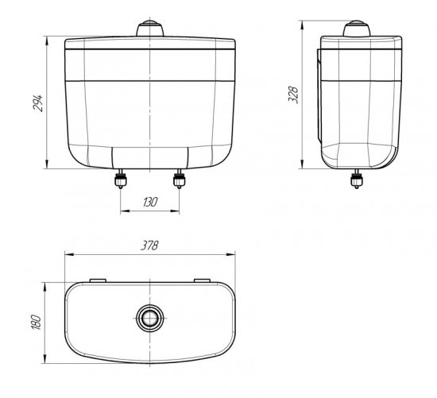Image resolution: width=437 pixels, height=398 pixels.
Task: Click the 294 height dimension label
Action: click(38, 103)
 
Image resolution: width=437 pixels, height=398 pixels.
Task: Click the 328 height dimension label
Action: click(293, 95)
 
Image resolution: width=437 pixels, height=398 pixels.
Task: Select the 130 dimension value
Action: click(150, 202)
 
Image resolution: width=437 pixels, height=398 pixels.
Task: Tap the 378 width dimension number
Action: click(149, 245)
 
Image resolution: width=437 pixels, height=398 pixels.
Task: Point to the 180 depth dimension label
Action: click(37, 322)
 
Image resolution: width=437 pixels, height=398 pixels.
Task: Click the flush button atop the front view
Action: click(150, 28)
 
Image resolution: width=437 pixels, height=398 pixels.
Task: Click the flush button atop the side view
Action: click(357, 28)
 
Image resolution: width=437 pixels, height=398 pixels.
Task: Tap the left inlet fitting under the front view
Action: click(121, 179)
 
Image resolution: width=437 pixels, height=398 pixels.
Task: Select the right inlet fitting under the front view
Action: click(180, 179)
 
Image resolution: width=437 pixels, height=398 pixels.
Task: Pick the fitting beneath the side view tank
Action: click(357, 179)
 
